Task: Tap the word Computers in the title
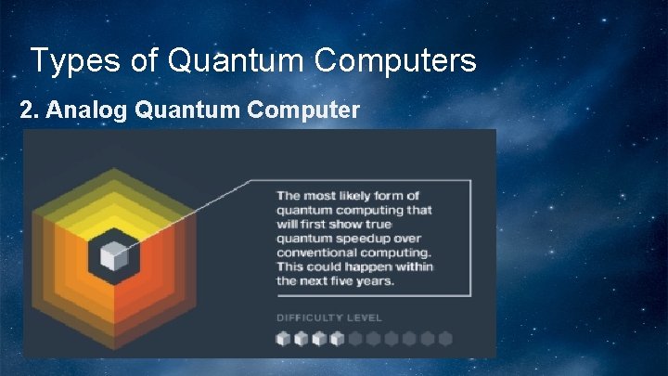tap(396, 61)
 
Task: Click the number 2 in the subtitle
tap(27, 110)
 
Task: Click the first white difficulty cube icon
tap(283, 339)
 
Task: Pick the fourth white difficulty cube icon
tap(337, 339)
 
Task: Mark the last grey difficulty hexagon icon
tap(444, 339)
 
